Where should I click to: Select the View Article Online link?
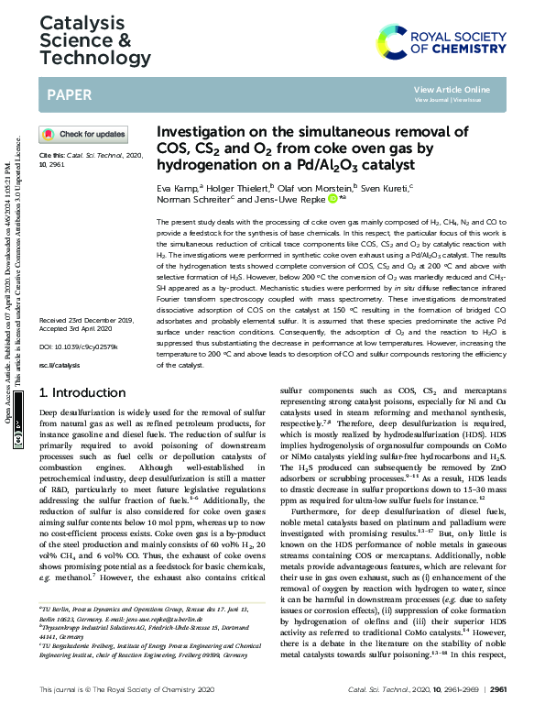click(452, 89)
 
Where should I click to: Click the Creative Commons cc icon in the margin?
click(19, 438)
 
